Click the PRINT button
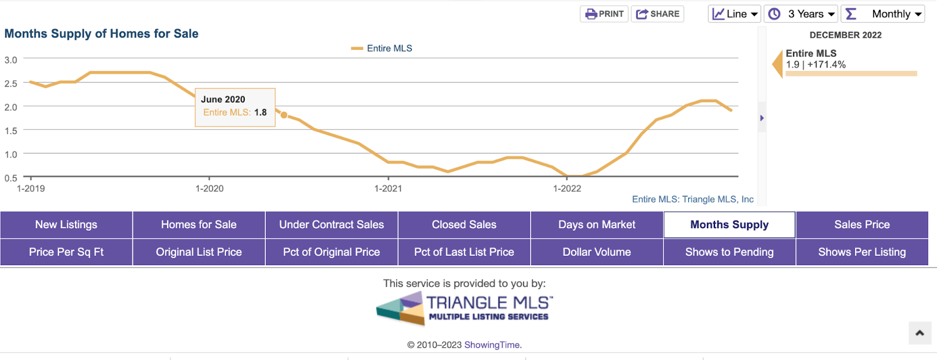click(x=604, y=14)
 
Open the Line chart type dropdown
click(x=734, y=14)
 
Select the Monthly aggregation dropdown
click(x=883, y=14)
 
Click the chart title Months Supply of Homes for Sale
click(x=101, y=34)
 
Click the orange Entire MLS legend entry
click(x=382, y=49)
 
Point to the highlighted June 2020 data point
click(x=284, y=115)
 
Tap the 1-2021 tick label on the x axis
click(x=388, y=188)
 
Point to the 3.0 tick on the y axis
click(x=11, y=60)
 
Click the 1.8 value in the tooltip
click(x=261, y=112)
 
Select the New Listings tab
click(x=66, y=225)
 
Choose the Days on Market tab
click(x=597, y=225)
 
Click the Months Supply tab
click(x=729, y=225)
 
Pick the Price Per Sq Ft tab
click(x=66, y=252)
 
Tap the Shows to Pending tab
click(x=729, y=252)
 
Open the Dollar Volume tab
click(x=597, y=252)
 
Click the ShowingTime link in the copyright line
click(x=492, y=345)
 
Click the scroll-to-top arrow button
click(x=919, y=333)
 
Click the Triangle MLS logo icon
click(x=401, y=308)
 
